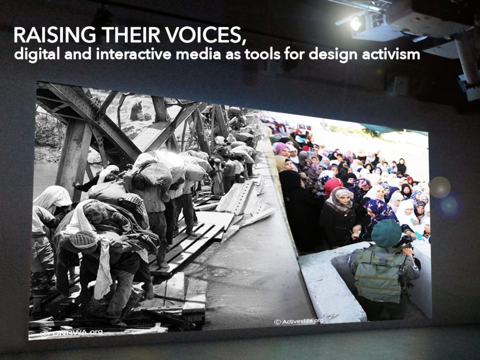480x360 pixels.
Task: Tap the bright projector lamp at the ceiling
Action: click(356, 23)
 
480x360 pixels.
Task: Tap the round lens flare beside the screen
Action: click(440, 187)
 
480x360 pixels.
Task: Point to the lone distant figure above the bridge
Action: click(135, 111)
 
